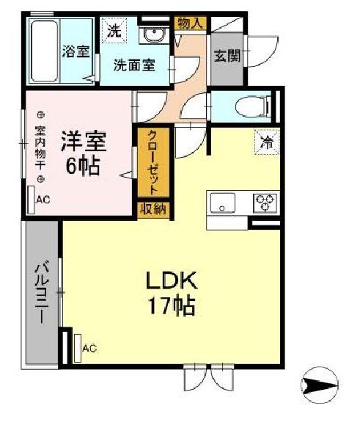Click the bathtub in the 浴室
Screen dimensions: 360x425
[45, 51]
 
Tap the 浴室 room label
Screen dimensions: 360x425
[76, 51]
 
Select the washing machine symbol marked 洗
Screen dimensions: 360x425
[114, 30]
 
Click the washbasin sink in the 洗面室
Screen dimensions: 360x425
[154, 35]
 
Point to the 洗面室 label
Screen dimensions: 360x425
[134, 65]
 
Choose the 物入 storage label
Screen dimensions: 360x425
[191, 23]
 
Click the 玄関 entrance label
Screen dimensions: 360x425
[227, 56]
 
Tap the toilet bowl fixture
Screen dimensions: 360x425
[252, 106]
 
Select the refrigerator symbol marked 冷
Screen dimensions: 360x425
[267, 142]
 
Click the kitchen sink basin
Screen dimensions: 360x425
[223, 203]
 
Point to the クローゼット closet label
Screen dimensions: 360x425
[153, 162]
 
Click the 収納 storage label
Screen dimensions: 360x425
[153, 209]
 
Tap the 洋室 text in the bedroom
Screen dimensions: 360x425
[84, 141]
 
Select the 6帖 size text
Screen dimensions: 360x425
[83, 165]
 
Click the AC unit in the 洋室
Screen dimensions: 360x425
[32, 200]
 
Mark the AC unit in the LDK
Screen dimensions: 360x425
[78, 348]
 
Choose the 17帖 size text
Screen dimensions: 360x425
[171, 306]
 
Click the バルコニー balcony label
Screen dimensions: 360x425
[42, 291]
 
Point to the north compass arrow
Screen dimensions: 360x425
[320, 385]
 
